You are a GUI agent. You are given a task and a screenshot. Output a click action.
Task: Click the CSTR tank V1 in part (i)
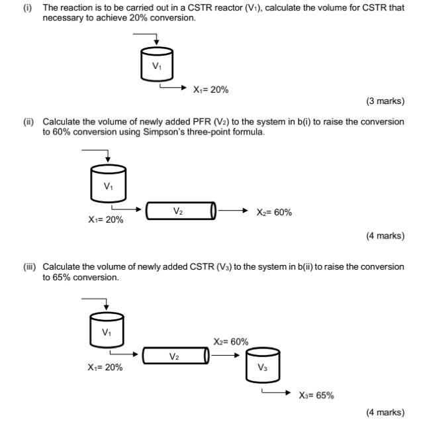click(156, 65)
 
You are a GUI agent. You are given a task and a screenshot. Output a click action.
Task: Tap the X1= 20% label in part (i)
click(210, 90)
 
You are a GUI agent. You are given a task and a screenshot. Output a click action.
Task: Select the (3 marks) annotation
click(385, 101)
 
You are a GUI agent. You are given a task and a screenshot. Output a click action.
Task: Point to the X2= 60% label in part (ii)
click(274, 213)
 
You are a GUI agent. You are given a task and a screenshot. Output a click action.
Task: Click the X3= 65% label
click(316, 396)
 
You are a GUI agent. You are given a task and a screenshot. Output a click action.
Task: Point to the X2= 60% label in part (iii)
click(231, 342)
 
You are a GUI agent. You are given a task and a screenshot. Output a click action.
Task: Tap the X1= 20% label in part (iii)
click(105, 367)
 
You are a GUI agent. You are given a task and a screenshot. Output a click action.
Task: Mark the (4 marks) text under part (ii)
click(385, 236)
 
